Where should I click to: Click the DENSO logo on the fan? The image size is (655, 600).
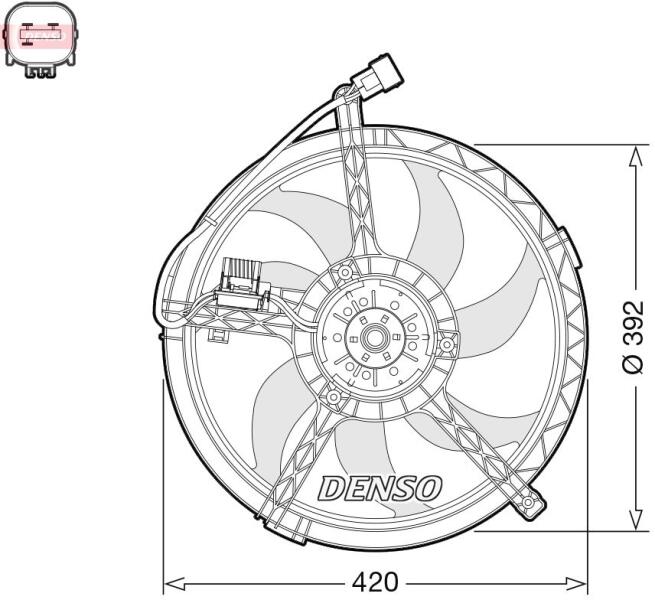(x=379, y=488)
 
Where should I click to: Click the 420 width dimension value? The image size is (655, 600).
(x=375, y=582)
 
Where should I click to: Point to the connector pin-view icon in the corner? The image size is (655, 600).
(x=41, y=40)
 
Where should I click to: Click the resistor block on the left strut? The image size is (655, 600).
(x=242, y=285)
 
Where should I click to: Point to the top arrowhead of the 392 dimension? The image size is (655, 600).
(x=636, y=156)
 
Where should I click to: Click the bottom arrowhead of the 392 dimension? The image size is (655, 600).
(x=636, y=520)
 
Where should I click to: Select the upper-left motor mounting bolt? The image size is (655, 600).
(x=345, y=273)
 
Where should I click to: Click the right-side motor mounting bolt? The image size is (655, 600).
(x=447, y=344)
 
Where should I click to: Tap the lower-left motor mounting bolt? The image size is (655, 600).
(x=333, y=397)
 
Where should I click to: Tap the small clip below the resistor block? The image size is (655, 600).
(x=219, y=335)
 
